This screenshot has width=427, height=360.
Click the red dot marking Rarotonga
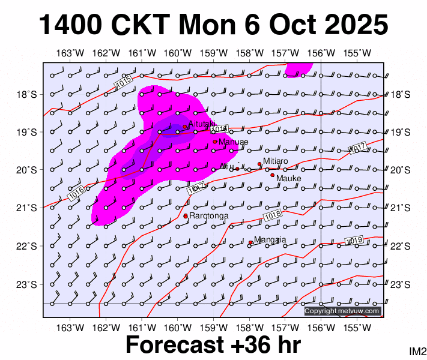(186, 216)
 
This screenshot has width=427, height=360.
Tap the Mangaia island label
(270, 240)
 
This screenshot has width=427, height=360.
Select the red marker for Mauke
(272, 175)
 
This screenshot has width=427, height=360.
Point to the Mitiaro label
(276, 161)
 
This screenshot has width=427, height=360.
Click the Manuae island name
(234, 142)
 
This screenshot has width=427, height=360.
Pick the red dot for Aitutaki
(185, 127)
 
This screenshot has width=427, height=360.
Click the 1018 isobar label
(273, 214)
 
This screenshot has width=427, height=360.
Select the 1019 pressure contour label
(355, 241)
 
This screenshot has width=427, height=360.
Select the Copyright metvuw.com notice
(342, 311)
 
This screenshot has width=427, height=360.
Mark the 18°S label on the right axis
(401, 94)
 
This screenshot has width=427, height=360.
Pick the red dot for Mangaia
(250, 242)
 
